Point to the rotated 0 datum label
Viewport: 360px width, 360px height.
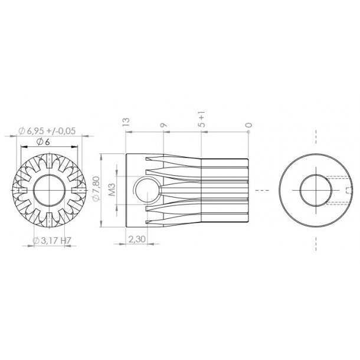pos(249,125)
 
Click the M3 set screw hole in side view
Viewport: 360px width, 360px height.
pos(145,191)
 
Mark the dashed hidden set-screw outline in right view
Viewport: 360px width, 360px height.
pos(340,191)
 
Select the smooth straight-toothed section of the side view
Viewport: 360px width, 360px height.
pos(224,191)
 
